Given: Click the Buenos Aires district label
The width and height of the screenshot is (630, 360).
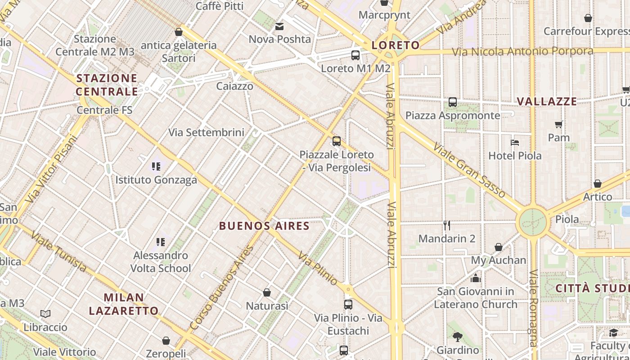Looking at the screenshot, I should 264,226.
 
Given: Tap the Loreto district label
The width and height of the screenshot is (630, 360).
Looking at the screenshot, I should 396,45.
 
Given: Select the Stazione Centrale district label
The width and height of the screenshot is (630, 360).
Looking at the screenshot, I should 107,85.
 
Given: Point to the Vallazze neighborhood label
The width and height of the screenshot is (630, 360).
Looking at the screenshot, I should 547,102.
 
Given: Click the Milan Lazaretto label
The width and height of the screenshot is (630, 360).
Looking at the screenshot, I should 124,304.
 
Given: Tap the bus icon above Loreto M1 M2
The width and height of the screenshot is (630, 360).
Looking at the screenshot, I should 355,55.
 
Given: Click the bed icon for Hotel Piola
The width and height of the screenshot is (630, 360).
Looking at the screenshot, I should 515,143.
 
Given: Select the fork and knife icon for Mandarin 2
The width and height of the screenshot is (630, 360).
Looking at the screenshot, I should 446,225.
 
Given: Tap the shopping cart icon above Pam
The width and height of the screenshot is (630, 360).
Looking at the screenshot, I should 558,124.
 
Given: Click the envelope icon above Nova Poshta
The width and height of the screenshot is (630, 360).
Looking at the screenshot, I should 279,27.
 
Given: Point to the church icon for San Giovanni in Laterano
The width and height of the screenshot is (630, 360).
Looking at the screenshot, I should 476,278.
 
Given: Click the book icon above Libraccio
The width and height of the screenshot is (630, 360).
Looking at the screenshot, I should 45,314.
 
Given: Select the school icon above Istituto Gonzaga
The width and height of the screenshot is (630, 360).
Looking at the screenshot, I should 156,167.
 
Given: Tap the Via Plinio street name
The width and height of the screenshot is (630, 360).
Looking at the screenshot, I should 318,269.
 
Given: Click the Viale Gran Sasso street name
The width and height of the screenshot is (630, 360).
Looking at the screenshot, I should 470,170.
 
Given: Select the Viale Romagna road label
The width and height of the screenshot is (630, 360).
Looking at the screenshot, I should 534,308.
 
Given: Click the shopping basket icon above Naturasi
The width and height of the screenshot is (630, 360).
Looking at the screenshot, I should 267,293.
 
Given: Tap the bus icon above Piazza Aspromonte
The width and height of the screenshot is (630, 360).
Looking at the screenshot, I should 453,102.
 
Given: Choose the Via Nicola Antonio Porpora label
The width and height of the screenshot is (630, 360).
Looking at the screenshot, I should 522,52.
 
